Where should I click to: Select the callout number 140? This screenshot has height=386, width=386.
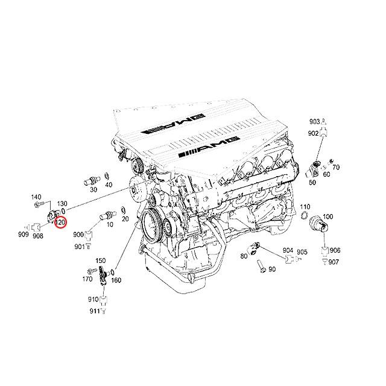click(36, 197)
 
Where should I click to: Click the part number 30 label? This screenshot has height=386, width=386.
click(93, 189)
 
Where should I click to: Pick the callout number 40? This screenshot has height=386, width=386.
click(109, 185)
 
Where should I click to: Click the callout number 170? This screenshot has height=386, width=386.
click(88, 279)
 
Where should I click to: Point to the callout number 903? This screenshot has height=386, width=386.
click(315, 121)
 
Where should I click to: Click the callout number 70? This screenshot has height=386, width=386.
click(336, 167)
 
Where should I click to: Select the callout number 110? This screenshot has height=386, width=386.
click(305, 206)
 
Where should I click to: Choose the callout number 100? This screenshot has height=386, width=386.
click(328, 216)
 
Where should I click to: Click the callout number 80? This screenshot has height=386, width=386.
click(244, 256)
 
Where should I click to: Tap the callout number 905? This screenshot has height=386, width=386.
click(302, 251)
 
